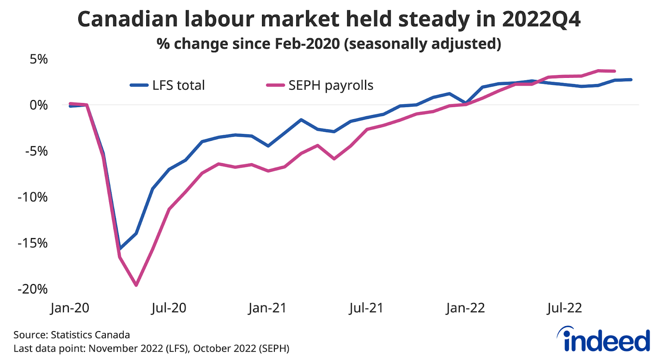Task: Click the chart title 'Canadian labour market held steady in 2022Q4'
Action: (329, 19)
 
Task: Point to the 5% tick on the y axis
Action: (39, 59)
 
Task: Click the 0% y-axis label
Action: (39, 105)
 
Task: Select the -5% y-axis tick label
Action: (37, 151)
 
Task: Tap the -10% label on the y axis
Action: (33, 197)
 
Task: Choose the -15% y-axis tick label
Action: (33, 243)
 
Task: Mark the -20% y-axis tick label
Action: (33, 289)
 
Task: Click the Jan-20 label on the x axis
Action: (70, 308)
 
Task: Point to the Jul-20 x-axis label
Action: (169, 308)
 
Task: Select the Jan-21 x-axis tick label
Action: (267, 308)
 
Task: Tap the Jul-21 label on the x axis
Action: (366, 308)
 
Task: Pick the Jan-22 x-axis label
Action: (465, 308)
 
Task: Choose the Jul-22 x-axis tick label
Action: (564, 308)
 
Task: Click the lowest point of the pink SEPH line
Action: (136, 285)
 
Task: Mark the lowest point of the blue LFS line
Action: (120, 249)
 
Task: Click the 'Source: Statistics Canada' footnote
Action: (72, 335)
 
